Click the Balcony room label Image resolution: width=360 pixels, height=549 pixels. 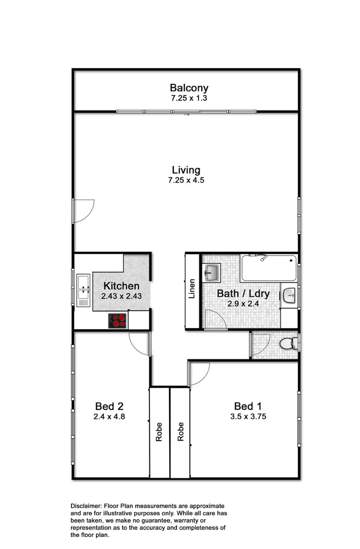pos(189,88)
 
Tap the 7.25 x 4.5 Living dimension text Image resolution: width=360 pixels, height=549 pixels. pos(186,180)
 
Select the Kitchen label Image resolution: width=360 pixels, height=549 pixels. pos(121,286)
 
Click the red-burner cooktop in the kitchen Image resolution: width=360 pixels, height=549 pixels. pos(117,321)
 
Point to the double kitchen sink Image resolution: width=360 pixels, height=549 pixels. pos(83,290)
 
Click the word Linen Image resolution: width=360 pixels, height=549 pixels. pos(192,289)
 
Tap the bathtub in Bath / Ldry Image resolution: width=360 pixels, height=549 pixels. pos(269,268)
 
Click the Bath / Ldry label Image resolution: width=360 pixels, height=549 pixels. pos(243,293)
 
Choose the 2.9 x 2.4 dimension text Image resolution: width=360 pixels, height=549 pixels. pos(243,303)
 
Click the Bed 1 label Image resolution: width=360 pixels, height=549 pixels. pos(248,406)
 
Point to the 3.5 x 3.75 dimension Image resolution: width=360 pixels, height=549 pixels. pos(248,416)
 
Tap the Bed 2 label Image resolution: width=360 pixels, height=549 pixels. pos(109,406)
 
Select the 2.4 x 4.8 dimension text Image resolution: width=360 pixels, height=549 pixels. pos(109,416)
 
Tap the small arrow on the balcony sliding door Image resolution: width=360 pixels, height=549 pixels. pos(187,114)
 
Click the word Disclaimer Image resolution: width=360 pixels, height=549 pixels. pos(86,506)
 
